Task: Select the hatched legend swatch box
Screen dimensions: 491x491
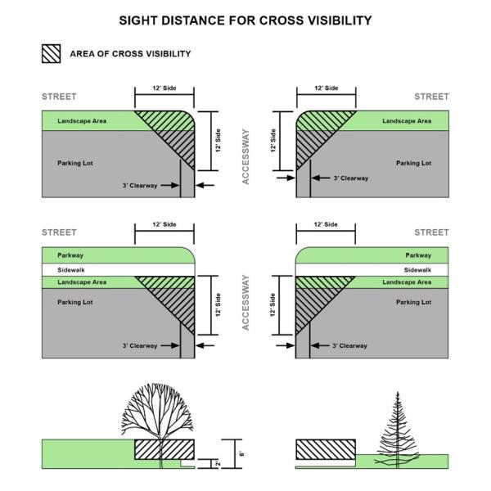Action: coord(51,54)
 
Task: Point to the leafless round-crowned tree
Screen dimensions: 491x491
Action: coord(160,413)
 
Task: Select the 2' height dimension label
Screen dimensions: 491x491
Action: coord(219,463)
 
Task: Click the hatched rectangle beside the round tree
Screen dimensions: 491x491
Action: coord(164,448)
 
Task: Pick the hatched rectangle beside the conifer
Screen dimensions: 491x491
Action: coord(325,448)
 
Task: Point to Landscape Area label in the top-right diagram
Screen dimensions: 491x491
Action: coord(407,121)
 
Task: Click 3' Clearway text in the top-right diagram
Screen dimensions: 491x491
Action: coord(351,177)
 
